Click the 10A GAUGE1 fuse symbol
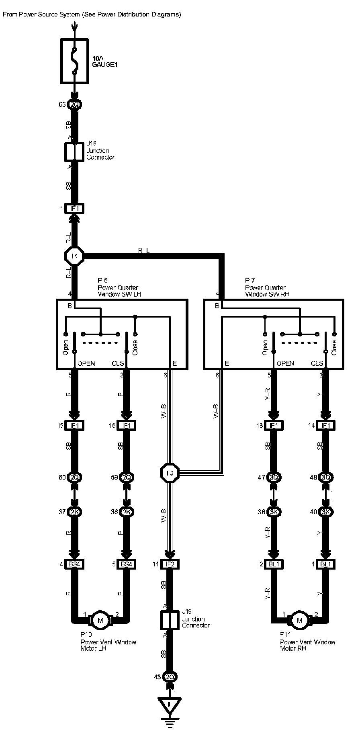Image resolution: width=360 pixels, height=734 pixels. click(74, 61)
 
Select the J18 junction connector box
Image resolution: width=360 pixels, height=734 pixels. click(74, 152)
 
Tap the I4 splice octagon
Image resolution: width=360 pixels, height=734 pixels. click(74, 256)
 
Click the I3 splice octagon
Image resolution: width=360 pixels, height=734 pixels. click(170, 473)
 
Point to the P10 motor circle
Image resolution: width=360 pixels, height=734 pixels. click(100, 621)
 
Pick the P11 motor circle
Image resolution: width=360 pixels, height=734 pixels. click(299, 621)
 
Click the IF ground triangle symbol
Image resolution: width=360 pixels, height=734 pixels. click(170, 705)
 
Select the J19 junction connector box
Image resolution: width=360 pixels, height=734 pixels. click(170, 620)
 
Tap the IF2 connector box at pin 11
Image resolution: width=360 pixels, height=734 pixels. click(170, 564)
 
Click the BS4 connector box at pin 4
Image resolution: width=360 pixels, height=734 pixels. click(74, 564)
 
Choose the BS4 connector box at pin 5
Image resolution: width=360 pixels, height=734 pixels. click(126, 564)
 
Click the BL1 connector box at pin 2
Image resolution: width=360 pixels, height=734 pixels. click(274, 564)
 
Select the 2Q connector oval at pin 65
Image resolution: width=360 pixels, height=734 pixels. click(74, 105)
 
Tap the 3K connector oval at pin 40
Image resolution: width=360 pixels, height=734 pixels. click(325, 512)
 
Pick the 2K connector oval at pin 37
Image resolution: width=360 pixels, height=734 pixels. click(74, 512)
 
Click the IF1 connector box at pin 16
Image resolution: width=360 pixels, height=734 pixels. click(126, 426)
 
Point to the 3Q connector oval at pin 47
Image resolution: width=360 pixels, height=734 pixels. click(274, 478)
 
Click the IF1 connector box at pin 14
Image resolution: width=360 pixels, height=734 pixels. click(325, 426)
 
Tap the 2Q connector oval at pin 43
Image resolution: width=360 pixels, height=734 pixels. click(170, 677)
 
